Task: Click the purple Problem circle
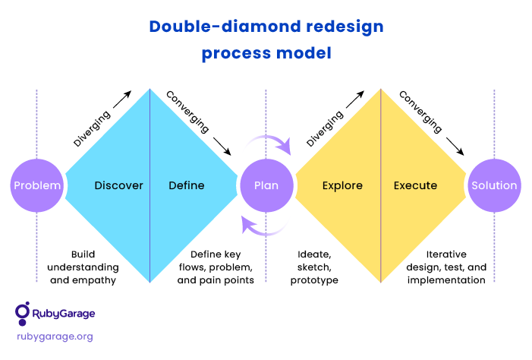click(x=37, y=185)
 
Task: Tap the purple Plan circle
click(x=266, y=185)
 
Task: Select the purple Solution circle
click(x=494, y=185)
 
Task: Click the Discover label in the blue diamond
click(x=118, y=185)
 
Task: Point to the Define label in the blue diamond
click(x=187, y=185)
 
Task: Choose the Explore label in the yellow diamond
click(x=342, y=186)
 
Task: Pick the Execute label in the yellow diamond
click(x=415, y=185)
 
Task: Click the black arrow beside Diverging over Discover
click(x=122, y=99)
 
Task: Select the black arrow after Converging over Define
click(x=222, y=147)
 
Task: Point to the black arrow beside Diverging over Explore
click(x=355, y=99)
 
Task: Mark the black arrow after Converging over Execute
click(x=455, y=147)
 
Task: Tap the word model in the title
click(x=304, y=53)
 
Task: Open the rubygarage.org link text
click(x=55, y=336)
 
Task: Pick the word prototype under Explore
click(x=314, y=280)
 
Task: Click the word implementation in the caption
click(x=446, y=280)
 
